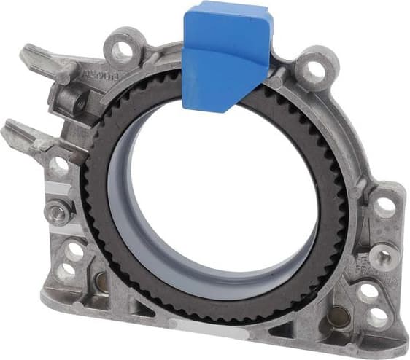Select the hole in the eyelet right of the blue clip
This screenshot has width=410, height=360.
coord(315,70)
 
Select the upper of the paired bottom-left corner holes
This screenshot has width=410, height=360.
coord(74,251)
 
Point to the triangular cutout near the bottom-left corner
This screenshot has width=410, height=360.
coord(139,307)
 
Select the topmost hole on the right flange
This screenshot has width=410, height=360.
coord(382,206)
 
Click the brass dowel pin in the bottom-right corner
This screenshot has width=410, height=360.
coord(336,316)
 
